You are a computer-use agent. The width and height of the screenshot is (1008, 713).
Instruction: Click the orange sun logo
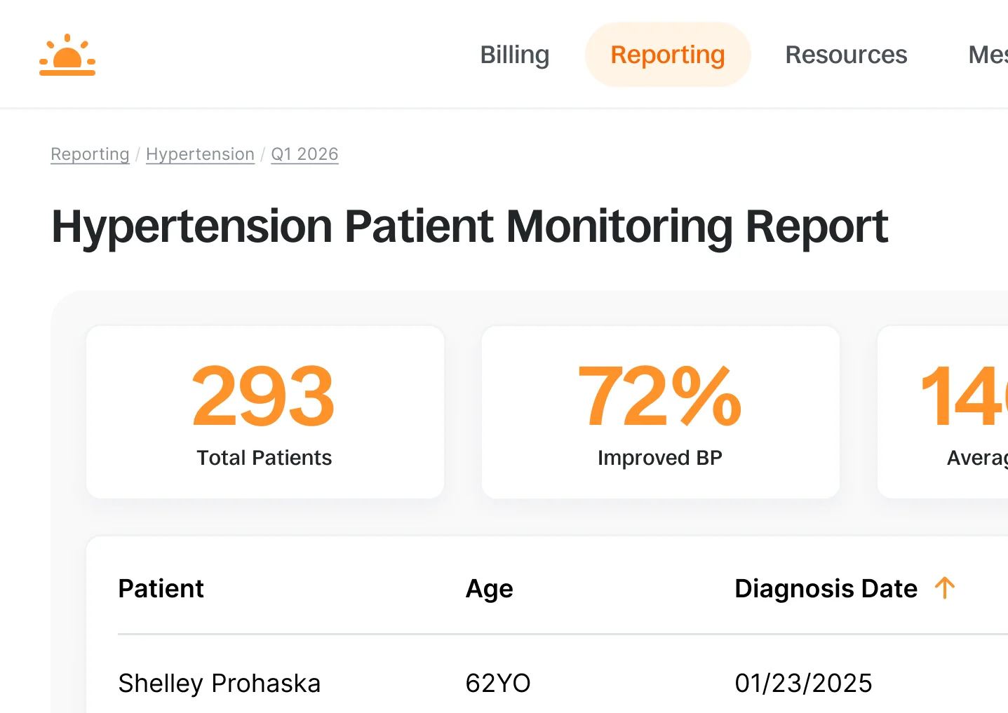[x=67, y=55]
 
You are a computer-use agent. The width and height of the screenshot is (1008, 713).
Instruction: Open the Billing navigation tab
[x=514, y=55]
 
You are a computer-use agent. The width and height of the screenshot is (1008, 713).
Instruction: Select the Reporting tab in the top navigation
[x=667, y=55]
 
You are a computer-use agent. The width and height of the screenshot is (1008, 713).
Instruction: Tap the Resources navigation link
[x=845, y=55]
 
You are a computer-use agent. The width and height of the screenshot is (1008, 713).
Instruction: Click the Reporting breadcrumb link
[x=90, y=154]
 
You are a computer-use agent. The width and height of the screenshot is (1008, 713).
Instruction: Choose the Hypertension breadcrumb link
[x=200, y=154]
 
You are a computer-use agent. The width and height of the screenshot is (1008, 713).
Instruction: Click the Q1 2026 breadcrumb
[x=304, y=154]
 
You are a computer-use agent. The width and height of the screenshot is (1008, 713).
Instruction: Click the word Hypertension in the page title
[x=191, y=226]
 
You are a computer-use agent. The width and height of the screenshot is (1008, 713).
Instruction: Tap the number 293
[x=264, y=397]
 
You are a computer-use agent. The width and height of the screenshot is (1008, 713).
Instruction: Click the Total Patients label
[x=264, y=458]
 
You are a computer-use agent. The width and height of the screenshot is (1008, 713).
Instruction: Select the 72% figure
[x=659, y=397]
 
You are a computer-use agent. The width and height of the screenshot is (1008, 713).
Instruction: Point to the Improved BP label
[x=659, y=458]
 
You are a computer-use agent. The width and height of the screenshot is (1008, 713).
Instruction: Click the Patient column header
[x=161, y=589]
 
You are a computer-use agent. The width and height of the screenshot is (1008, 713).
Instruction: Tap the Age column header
[x=489, y=589]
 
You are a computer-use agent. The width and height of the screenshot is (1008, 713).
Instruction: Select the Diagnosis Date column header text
[x=826, y=589]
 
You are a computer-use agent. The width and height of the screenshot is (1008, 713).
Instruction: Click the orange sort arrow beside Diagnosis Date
[x=945, y=588]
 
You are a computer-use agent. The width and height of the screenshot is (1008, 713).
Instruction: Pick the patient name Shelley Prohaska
[x=219, y=683]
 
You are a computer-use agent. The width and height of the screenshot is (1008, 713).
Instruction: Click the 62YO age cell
[x=497, y=683]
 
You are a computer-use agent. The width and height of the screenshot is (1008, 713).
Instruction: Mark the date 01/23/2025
[x=803, y=683]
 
